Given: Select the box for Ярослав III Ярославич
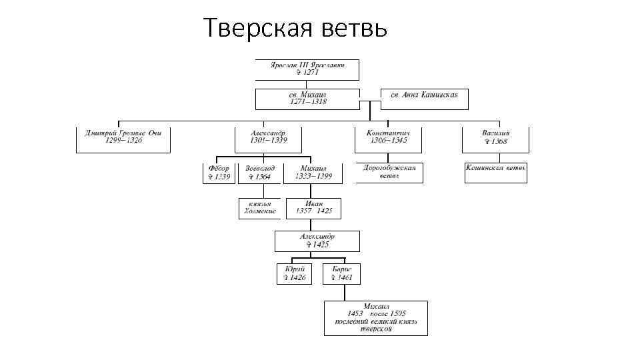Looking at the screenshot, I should [307, 69].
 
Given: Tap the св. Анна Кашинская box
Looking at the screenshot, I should [424, 95].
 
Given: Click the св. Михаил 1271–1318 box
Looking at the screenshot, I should [307, 99].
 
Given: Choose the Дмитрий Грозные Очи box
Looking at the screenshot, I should [123, 137].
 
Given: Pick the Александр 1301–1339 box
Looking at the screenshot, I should [269, 137].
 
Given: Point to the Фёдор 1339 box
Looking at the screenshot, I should [219, 173].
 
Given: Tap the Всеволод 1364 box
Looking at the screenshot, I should [259, 173].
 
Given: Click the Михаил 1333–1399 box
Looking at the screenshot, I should [313, 173].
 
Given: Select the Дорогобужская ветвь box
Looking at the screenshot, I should [389, 173].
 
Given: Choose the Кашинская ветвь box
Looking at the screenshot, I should [495, 172].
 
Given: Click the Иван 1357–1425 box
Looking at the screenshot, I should [314, 208].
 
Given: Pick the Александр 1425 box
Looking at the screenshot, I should [317, 241].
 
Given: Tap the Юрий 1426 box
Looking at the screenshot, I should [294, 273].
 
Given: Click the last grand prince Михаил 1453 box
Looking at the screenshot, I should [376, 317].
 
